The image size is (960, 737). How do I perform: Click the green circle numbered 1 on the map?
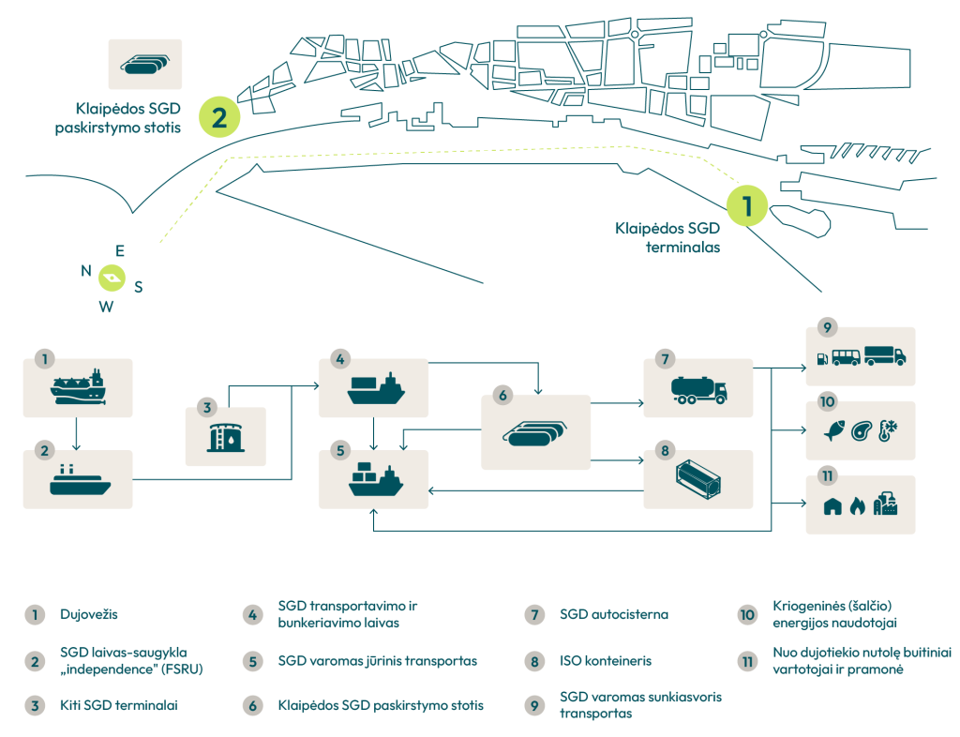tap(748, 204)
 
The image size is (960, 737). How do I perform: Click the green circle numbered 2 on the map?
tap(219, 118)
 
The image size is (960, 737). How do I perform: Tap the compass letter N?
tap(86, 271)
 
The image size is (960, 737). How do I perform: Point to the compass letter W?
tap(107, 307)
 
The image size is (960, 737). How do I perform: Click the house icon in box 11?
tap(832, 506)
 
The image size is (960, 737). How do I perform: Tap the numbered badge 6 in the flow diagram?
tap(502, 396)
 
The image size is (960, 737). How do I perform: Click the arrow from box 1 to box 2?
tap(78, 433)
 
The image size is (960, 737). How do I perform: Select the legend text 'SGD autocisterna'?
tap(614, 615)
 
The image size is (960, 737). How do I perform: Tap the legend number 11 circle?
tap(747, 661)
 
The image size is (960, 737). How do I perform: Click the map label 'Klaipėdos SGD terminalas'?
tap(667, 238)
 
